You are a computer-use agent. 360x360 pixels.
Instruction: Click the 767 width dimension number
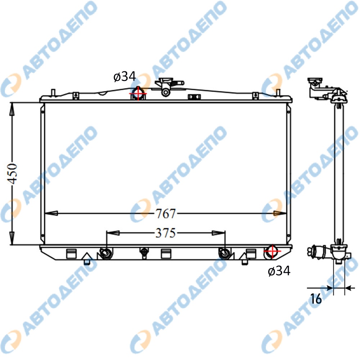(x=166, y=213)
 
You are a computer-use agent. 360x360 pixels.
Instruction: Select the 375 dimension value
(x=166, y=233)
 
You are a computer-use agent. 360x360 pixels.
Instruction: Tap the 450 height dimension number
(x=12, y=174)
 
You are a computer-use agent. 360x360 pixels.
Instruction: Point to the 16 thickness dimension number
(x=316, y=299)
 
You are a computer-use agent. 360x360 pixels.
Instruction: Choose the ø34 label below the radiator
(x=279, y=271)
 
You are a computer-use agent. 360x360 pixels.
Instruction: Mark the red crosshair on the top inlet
(x=138, y=94)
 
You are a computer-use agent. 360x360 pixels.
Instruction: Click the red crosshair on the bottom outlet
(x=272, y=251)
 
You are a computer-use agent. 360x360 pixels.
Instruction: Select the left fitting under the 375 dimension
(x=106, y=253)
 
